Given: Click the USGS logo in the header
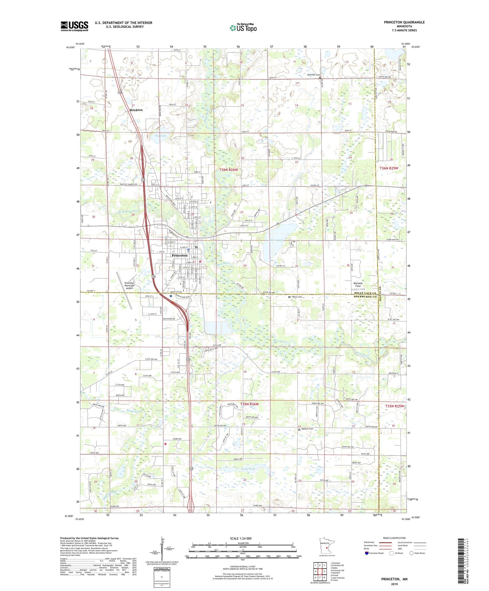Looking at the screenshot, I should point(74,26).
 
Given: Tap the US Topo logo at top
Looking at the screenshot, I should point(243,28).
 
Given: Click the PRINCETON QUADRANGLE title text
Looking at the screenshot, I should point(404,22).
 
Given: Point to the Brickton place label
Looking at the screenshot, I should point(136,110).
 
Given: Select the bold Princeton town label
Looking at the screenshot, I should point(180,256).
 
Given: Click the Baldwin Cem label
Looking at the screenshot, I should point(307,429).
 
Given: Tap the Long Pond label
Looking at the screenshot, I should point(248,469).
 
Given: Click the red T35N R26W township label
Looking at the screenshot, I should point(249,404).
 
